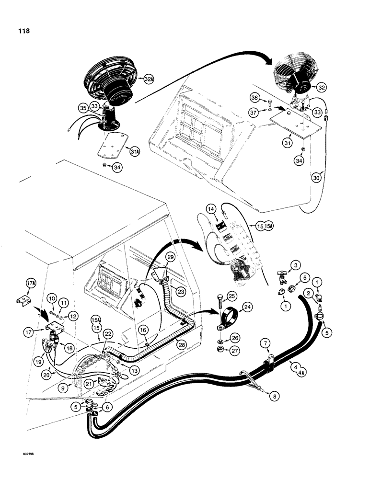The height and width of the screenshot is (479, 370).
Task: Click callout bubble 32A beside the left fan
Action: click(147, 77)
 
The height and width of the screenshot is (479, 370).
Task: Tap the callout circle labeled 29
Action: click(171, 258)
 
